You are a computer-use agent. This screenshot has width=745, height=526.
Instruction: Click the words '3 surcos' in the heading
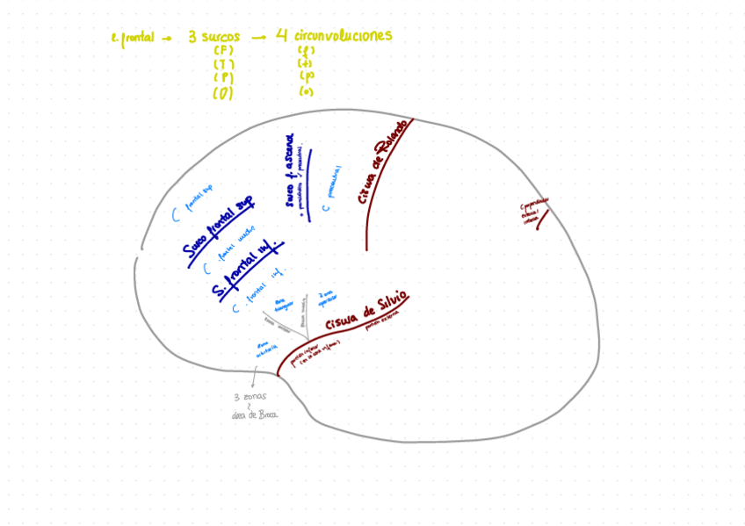pos(213,37)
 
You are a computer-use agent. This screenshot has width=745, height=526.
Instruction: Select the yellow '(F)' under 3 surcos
pos(223,51)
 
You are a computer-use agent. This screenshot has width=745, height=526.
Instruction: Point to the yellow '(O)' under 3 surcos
pos(223,93)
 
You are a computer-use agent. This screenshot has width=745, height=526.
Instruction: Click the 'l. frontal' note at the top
pos(133,38)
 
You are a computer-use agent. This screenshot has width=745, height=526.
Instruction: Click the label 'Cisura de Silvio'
pos(365,312)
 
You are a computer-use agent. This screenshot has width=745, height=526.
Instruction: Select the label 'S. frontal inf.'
pos(247,270)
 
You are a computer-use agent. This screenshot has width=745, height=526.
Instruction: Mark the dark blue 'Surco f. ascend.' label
pos(290,171)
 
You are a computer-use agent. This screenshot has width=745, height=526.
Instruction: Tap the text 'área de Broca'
pos(255,414)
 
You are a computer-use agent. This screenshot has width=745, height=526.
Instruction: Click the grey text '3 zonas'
pos(250,396)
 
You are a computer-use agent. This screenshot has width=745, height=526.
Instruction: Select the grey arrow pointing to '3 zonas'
pos(254,378)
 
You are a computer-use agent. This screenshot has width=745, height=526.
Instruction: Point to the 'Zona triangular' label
pos(284,305)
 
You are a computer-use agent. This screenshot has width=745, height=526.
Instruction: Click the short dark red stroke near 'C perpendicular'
pos(542,220)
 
